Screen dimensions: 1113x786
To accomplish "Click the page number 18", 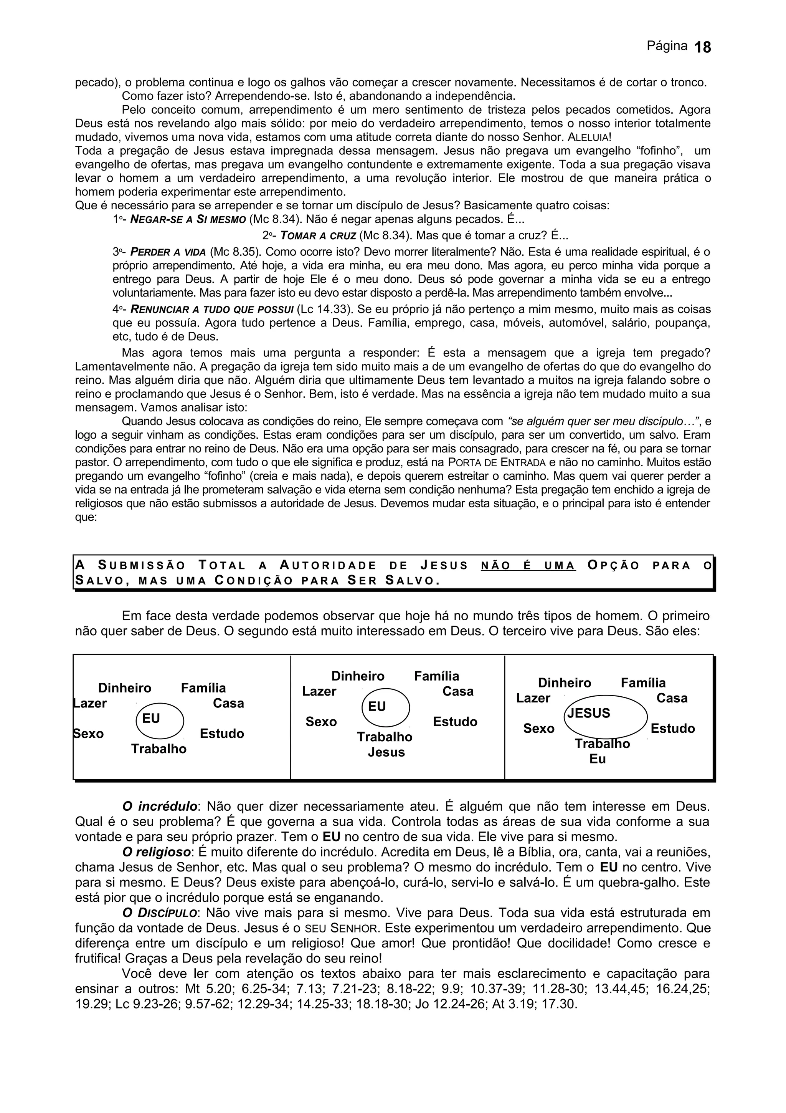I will (703, 48).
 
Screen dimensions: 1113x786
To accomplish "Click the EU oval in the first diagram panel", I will (160, 720).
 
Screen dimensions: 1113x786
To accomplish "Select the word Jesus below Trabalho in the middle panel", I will (386, 752).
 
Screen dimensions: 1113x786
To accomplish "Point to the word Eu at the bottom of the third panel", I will (598, 759).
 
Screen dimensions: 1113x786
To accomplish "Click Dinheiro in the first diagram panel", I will (124, 688).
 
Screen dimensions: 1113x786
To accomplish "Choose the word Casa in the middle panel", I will (457, 691).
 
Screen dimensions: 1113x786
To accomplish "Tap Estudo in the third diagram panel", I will (673, 729).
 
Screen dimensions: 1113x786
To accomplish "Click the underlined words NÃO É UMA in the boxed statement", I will (528, 566).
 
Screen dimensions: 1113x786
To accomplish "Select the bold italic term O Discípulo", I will (159, 913).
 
